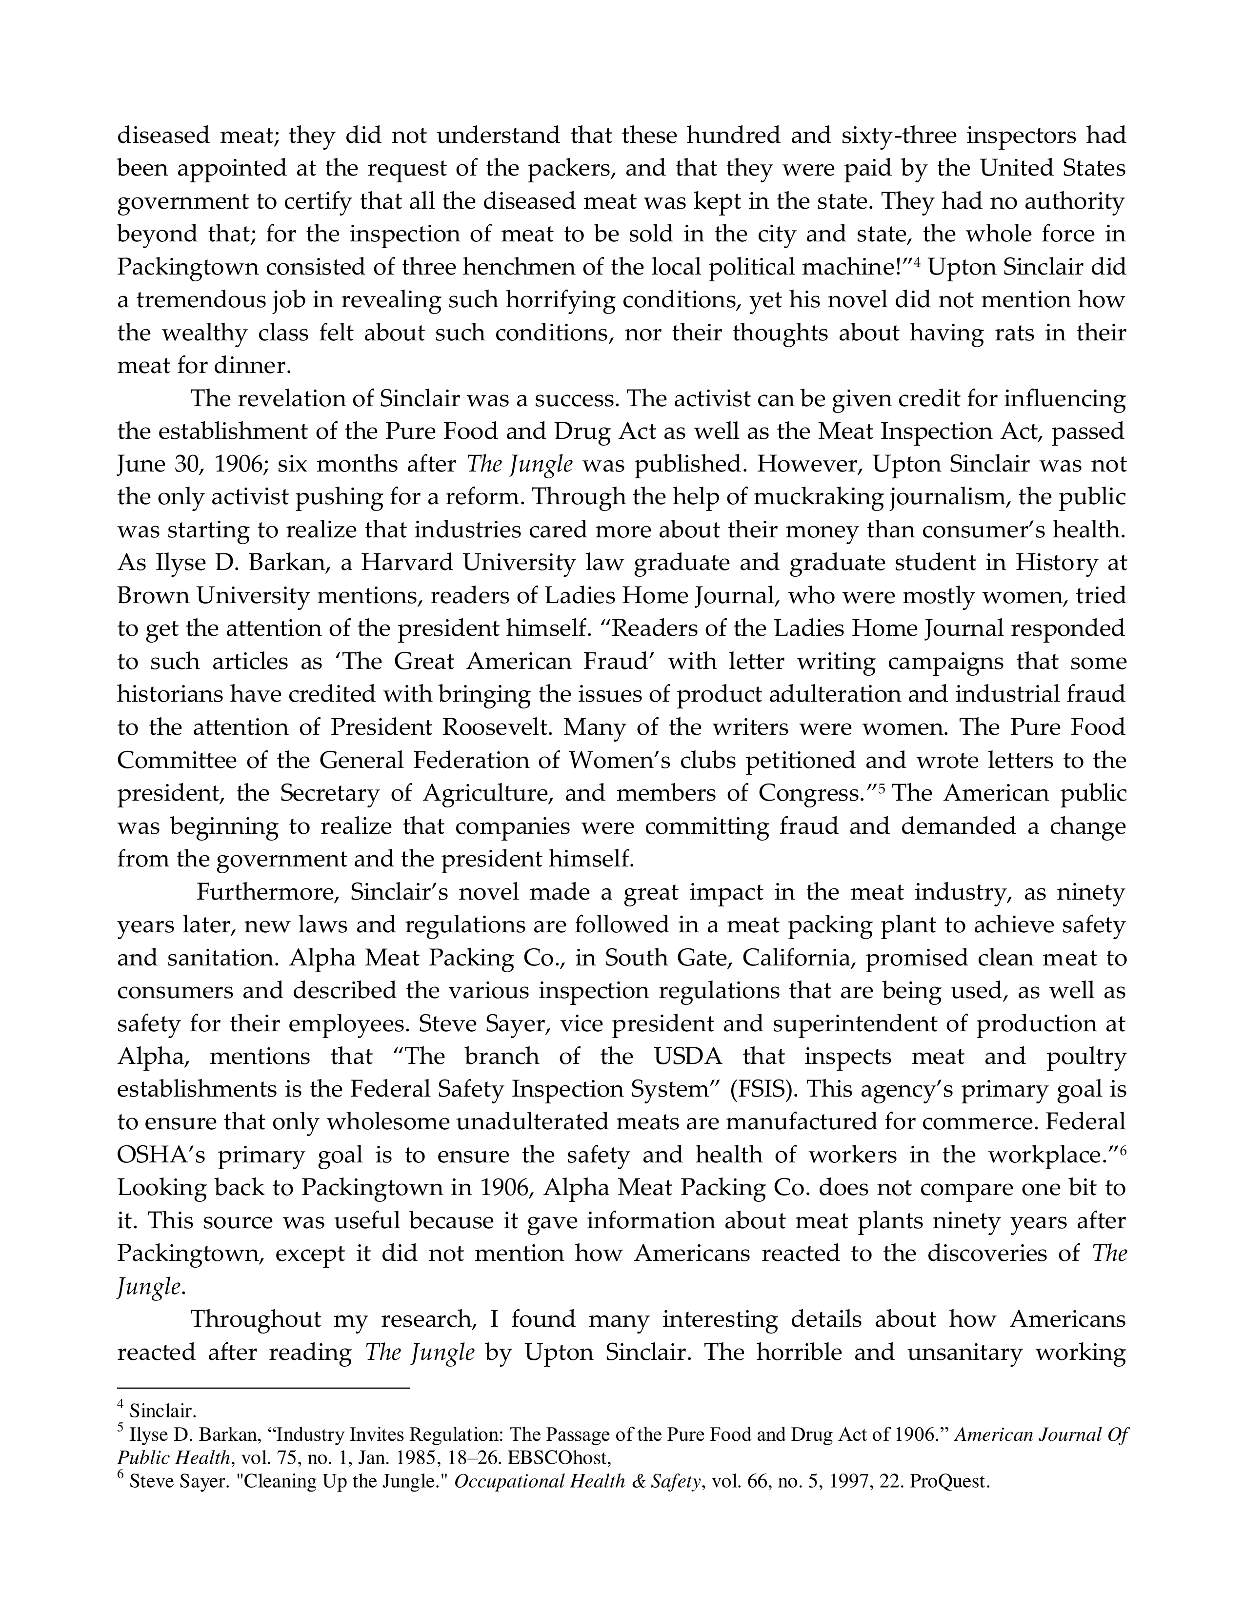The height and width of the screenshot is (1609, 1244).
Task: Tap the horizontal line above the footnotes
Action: (263, 1388)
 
